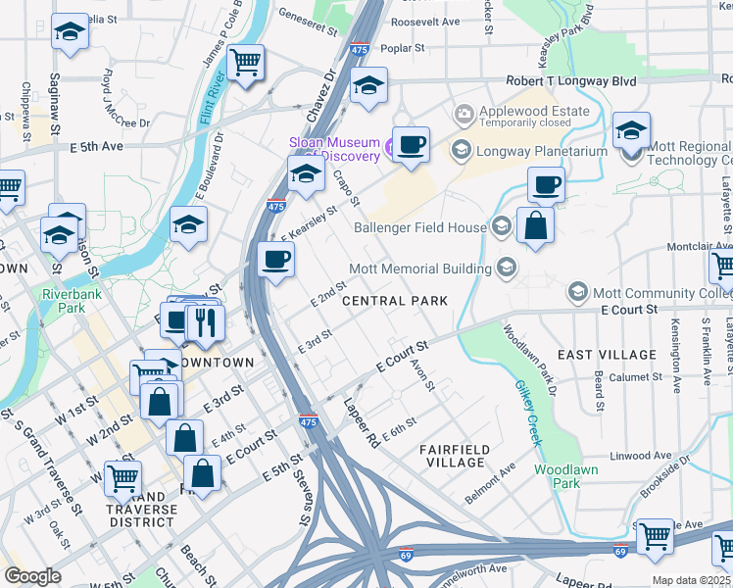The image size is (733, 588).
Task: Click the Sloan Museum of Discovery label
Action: click(334, 149)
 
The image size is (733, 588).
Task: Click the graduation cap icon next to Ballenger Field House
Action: click(501, 227)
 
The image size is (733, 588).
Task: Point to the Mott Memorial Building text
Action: click(421, 269)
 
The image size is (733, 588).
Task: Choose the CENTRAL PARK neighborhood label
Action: click(394, 301)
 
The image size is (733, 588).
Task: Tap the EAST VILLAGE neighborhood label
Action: click(607, 354)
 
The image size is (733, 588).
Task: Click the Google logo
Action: click(32, 575)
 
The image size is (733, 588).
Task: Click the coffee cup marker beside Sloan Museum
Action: click(411, 144)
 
